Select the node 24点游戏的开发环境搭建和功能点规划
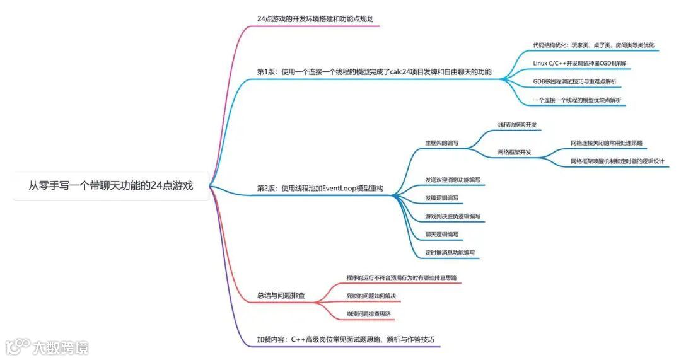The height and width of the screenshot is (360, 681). coord(315,19)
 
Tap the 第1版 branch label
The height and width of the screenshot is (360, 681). coord(374,72)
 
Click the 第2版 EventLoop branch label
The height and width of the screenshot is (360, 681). coord(320,188)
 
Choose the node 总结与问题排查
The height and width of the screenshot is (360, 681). coord(281,295)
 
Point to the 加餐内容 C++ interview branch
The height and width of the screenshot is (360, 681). coord(346,340)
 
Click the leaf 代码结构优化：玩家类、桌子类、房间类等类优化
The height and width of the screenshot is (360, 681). coord(593,45)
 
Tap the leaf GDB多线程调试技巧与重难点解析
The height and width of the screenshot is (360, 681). coord(574,81)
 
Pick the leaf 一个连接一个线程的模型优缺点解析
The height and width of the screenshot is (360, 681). coord(576,100)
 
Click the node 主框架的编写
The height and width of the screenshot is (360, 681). coord(442,143)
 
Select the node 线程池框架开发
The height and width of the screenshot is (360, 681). coord(517,125)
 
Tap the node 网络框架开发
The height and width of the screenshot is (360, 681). coord(515,152)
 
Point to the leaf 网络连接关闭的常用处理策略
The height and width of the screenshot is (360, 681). coord(606,143)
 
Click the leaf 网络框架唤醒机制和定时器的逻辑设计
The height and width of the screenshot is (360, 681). coord(617,161)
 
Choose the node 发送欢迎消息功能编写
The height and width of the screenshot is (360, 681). coord(452,180)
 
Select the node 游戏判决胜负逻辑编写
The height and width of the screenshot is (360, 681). coord(452,216)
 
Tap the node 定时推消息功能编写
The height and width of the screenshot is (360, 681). coord(450,252)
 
